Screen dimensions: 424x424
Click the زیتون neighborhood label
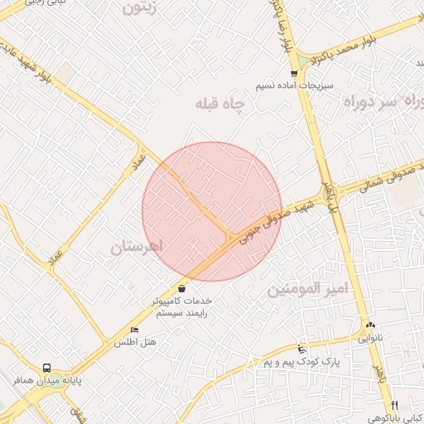coord(148,9)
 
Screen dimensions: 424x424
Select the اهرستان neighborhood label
coord(138,247)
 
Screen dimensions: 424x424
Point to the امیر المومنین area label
coord(306,290)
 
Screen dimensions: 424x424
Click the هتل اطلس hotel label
coord(135,342)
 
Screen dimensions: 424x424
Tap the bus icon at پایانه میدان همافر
coord(46,368)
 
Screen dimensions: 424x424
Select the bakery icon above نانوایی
coord(370,325)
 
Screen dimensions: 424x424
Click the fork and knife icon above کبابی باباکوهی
coord(395,404)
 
